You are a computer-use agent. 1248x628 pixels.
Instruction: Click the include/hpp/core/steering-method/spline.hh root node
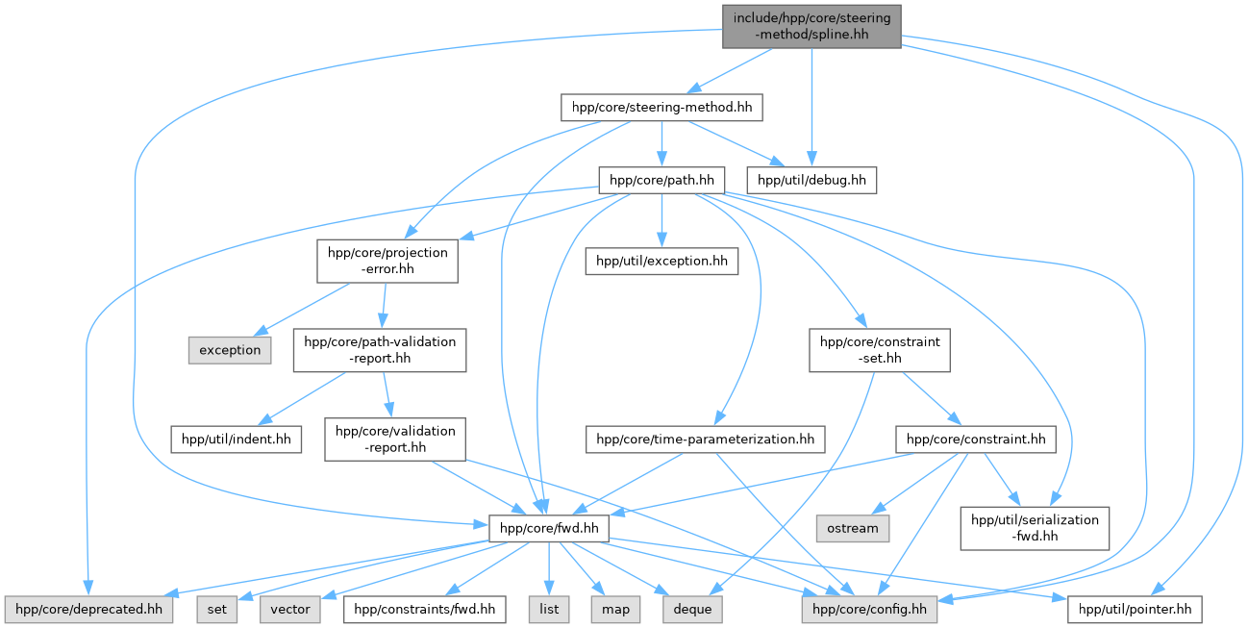pos(811,25)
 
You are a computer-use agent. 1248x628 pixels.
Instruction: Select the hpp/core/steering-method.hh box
pos(661,107)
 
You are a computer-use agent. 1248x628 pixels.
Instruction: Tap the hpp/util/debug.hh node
pos(812,179)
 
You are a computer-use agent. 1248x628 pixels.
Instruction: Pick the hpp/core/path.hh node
pos(661,179)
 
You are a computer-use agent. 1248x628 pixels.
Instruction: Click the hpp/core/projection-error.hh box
pos(387,261)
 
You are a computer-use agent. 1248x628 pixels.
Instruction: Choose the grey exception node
pos(230,350)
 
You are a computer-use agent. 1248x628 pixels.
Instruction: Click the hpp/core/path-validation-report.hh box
pos(380,350)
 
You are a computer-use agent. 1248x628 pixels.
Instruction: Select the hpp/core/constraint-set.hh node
pos(880,350)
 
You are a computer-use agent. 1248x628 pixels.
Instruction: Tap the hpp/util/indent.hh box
pos(237,440)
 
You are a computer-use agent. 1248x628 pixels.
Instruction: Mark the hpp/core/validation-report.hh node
pos(395,440)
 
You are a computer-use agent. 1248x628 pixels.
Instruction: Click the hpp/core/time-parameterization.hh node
pos(706,440)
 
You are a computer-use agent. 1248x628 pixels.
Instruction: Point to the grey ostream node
pos(854,527)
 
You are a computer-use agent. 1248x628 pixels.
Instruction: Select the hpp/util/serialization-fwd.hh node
pos(1035,528)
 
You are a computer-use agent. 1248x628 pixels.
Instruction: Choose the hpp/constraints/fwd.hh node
pos(424,609)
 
